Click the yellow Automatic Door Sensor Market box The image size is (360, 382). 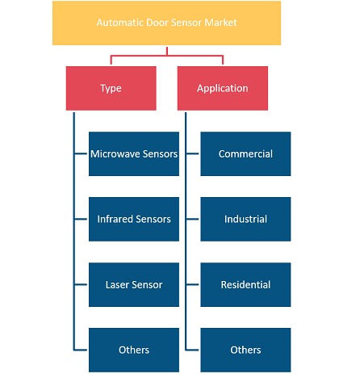point(166,23)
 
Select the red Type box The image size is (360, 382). point(111,88)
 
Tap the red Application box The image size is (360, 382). point(223,88)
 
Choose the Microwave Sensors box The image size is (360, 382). point(134,153)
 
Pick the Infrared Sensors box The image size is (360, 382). point(134,219)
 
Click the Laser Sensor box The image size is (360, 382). point(134,284)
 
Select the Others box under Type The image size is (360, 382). point(134,350)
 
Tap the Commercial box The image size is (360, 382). point(245,153)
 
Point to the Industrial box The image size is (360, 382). point(245,219)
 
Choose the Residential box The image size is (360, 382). point(245,284)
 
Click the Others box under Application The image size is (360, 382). point(245,350)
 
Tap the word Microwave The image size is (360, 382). point(115,154)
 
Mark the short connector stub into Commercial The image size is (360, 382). point(192,153)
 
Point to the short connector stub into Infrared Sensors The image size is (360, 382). point(81,219)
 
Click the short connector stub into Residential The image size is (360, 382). point(192,284)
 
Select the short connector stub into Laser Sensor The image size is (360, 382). point(81,284)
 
